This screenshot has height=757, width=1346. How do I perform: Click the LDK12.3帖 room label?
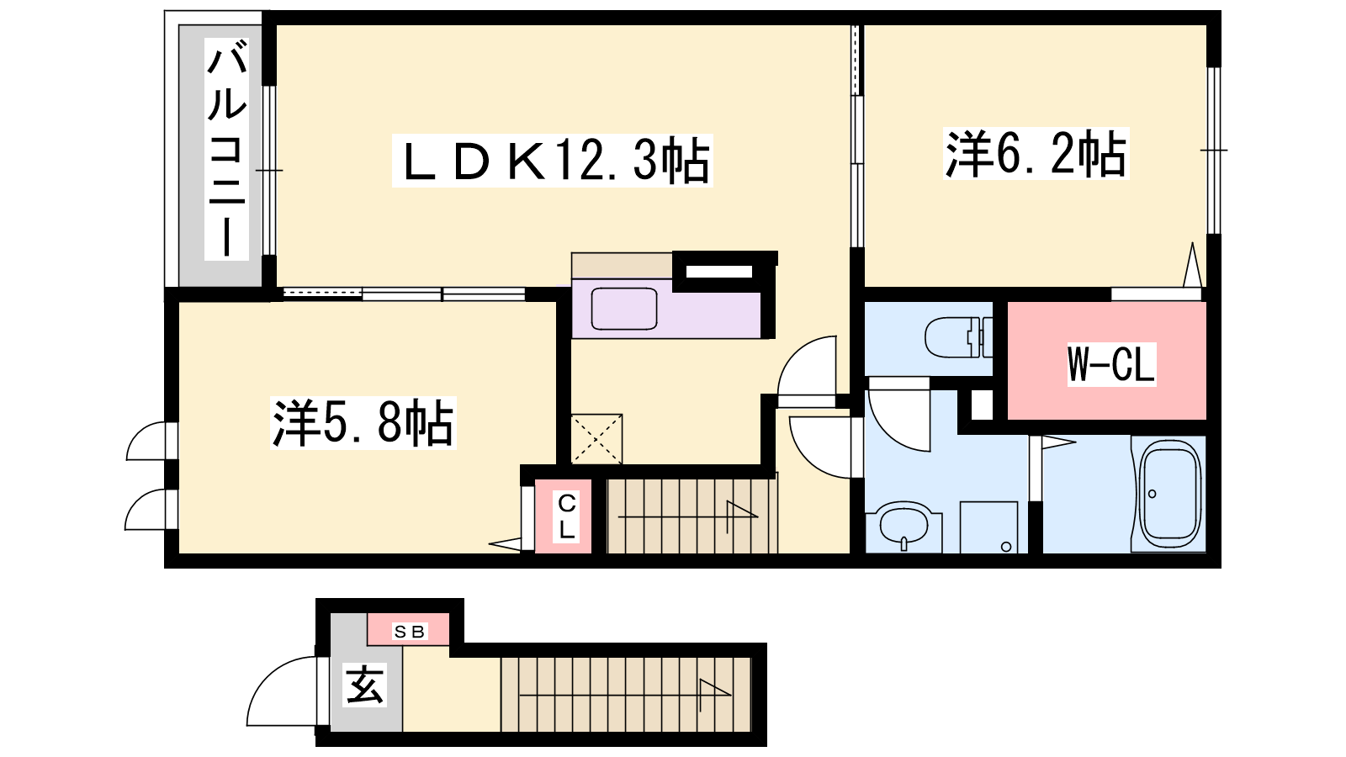(552, 161)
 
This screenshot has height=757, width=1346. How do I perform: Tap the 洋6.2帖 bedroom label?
(1036, 154)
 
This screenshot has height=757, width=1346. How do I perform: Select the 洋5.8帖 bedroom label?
(363, 422)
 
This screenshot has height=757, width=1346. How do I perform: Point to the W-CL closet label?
(1111, 364)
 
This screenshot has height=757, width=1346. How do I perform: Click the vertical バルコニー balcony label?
(226, 149)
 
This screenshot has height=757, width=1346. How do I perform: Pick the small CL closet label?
(567, 516)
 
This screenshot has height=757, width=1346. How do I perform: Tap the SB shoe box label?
(409, 632)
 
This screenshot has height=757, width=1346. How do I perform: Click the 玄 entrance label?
(364, 685)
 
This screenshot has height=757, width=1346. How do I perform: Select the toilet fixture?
(958, 337)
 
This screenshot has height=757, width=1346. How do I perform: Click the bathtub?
(1168, 493)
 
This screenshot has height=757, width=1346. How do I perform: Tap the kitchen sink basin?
(623, 308)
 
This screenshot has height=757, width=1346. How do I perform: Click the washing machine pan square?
(988, 527)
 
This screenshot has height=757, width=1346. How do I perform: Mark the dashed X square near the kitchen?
(596, 439)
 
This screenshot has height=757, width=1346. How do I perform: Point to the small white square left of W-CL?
(982, 405)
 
